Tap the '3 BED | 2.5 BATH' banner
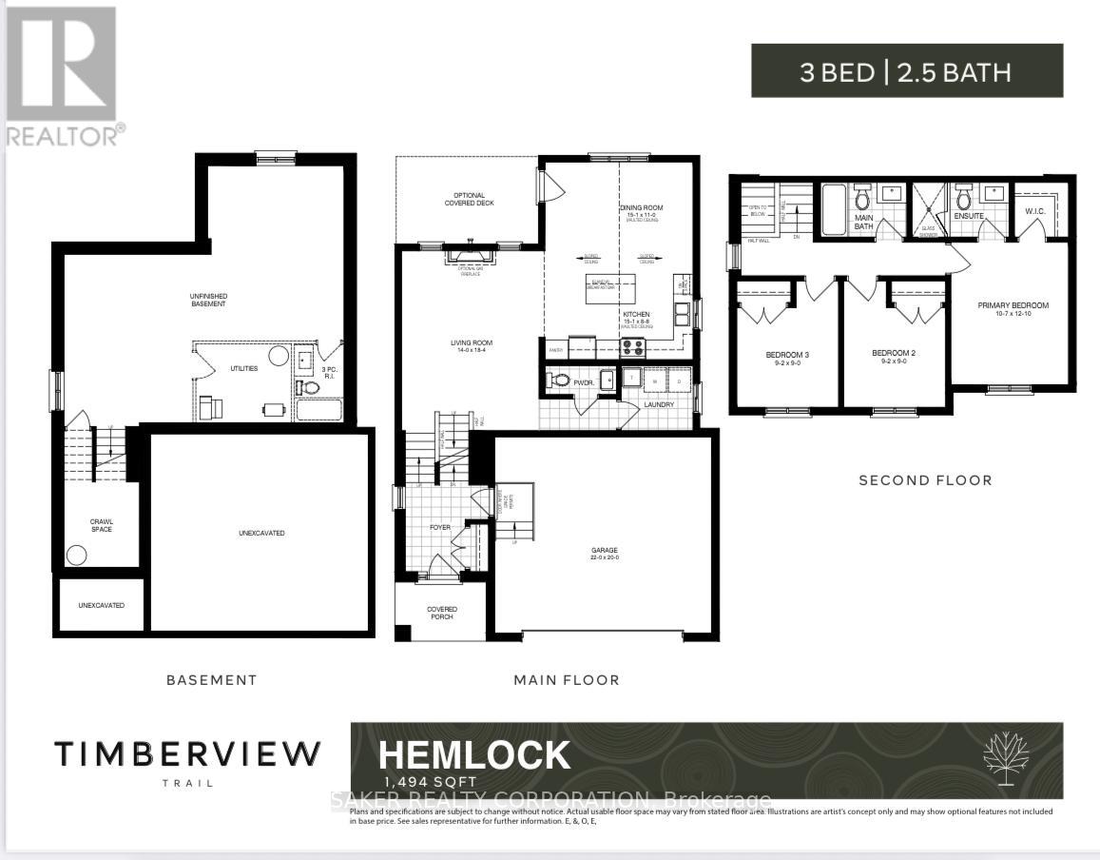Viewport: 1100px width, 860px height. pos(906,71)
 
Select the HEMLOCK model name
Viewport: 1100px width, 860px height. pos(474,755)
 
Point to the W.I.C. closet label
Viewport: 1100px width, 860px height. pos(1036,211)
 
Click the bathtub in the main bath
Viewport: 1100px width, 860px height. pos(834,212)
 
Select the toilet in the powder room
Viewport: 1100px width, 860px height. pos(560,381)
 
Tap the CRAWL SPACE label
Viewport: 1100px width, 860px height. pos(101,524)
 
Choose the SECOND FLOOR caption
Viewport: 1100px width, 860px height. pos(925,480)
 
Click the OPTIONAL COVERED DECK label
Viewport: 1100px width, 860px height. pos(470,200)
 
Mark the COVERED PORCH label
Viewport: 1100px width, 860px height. pos(441,613)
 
